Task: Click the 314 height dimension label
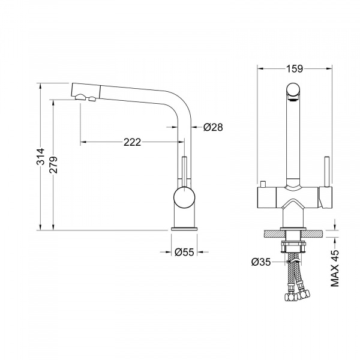[x=41, y=157]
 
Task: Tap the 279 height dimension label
[x=53, y=164]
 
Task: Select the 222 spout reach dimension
[x=132, y=142]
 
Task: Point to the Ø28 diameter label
[x=213, y=127]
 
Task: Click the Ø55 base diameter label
[x=184, y=252]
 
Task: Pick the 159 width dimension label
[x=295, y=68]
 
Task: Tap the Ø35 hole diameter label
[x=261, y=262]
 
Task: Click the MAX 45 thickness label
[x=335, y=268]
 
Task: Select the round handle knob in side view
[x=184, y=197]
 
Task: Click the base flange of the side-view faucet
[x=184, y=229]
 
